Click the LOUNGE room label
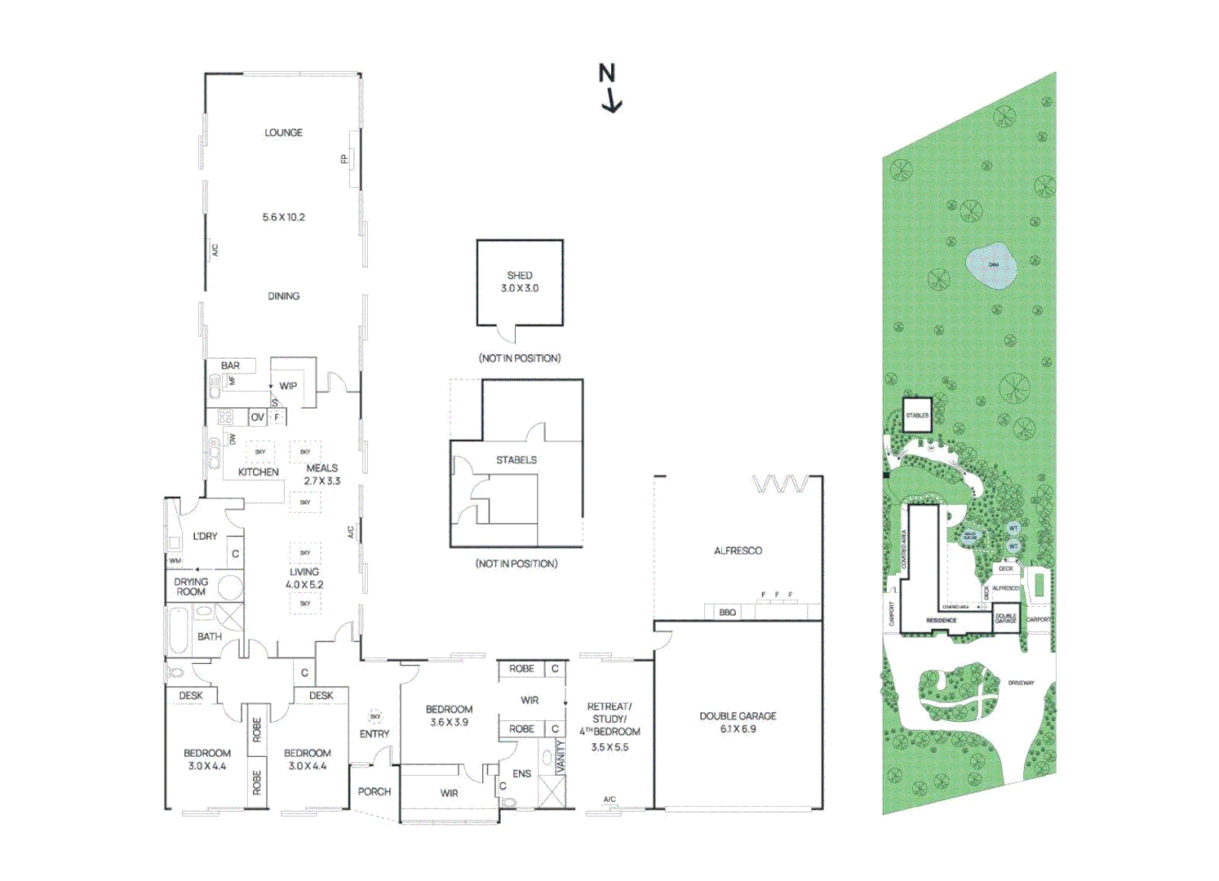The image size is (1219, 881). (x=283, y=132)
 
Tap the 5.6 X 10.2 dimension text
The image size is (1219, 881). (x=283, y=217)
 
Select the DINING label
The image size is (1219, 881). (x=283, y=296)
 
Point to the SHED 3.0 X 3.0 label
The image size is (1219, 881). (x=520, y=282)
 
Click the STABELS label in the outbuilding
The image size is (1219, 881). (x=516, y=460)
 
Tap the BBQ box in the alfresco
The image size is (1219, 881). (x=727, y=612)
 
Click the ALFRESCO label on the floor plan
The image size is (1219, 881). (x=738, y=551)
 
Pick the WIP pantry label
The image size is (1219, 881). (x=288, y=386)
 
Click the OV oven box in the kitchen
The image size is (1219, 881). (x=257, y=417)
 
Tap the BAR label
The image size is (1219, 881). (x=230, y=365)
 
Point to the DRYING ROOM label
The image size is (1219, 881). (x=191, y=587)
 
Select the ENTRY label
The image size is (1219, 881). (x=375, y=733)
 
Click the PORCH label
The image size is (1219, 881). (x=375, y=791)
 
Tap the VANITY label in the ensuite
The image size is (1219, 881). (x=561, y=756)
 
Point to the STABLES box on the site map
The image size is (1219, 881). (x=917, y=415)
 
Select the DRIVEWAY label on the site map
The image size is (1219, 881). (x=1021, y=683)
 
